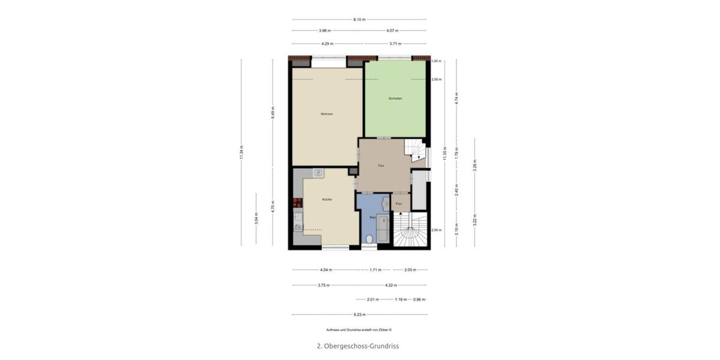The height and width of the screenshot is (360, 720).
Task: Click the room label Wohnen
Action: coord(326,114)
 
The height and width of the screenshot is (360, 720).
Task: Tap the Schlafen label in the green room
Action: coord(395,98)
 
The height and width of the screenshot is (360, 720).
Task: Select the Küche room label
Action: coord(327,199)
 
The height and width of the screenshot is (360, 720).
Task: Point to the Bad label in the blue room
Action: coord(373,217)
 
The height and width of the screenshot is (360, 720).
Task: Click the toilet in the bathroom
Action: coord(369,239)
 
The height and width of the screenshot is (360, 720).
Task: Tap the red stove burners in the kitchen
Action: coord(297,203)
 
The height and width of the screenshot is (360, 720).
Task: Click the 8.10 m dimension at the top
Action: coord(359,20)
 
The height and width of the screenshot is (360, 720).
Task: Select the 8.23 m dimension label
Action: coord(359,314)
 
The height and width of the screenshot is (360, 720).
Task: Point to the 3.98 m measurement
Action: coord(325,31)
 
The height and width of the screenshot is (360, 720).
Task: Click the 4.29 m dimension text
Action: coord(327,44)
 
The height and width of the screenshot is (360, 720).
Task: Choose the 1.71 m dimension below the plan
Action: coord(376,270)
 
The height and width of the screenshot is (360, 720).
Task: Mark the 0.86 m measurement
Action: coord(419,299)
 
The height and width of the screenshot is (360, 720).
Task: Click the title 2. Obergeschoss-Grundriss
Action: coord(358,346)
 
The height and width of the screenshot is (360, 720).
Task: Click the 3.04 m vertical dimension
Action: coord(256,218)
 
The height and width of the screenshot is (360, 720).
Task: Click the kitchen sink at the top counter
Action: coord(319,173)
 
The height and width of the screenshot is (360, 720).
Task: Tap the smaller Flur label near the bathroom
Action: coord(398,204)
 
